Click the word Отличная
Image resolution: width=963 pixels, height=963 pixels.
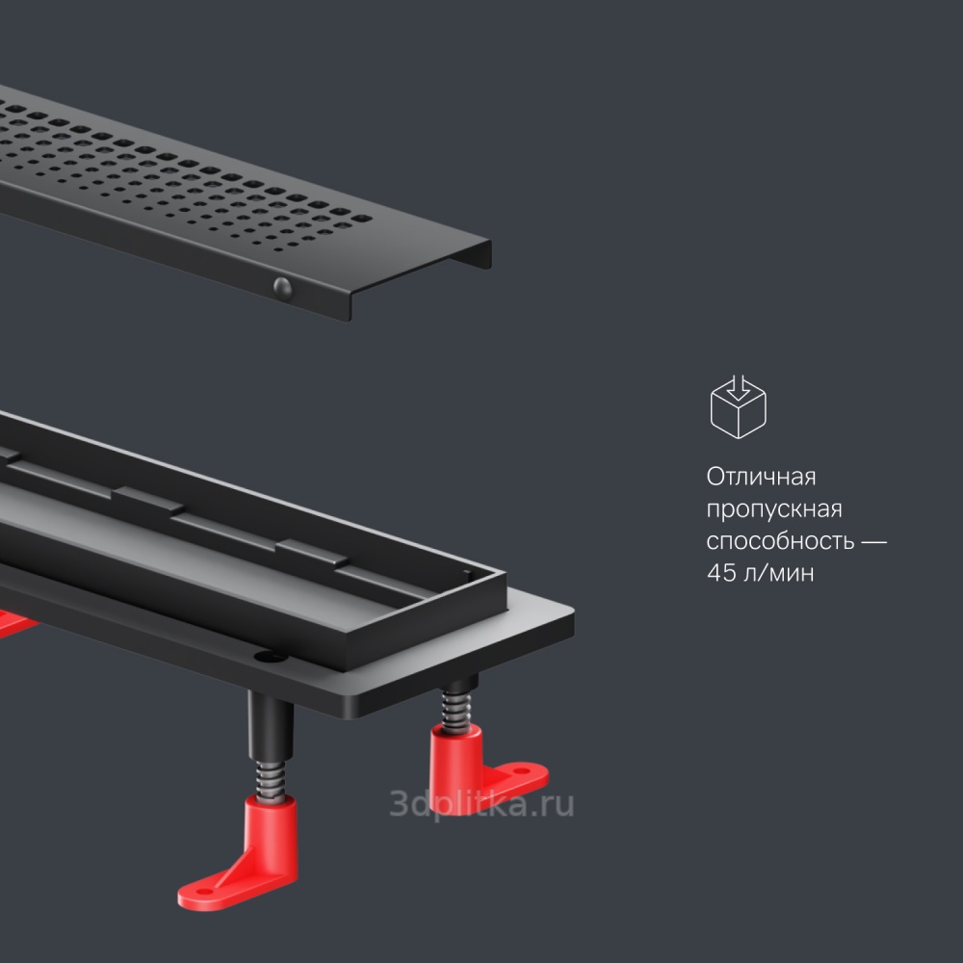tap(761, 477)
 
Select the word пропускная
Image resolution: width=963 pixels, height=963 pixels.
tap(774, 509)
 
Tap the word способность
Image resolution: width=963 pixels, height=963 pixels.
tap(780, 541)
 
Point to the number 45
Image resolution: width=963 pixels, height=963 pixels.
tap(721, 572)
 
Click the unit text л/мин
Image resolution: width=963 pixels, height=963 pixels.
tap(779, 573)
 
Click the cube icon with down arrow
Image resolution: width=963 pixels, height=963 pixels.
tap(739, 406)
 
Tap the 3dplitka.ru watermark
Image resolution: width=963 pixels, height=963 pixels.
tap(482, 803)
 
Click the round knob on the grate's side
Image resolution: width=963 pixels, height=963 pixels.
tap(282, 289)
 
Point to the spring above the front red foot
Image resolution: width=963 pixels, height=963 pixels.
tap(271, 781)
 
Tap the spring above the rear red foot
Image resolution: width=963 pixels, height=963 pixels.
tap(456, 712)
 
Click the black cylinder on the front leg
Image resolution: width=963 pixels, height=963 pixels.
tap(271, 726)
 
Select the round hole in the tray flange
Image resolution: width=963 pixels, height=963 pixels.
tap(271, 657)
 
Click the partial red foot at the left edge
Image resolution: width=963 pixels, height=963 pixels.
tap(14, 623)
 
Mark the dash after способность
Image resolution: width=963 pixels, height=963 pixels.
tap(873, 541)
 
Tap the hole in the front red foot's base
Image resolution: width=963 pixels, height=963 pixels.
tap(203, 891)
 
